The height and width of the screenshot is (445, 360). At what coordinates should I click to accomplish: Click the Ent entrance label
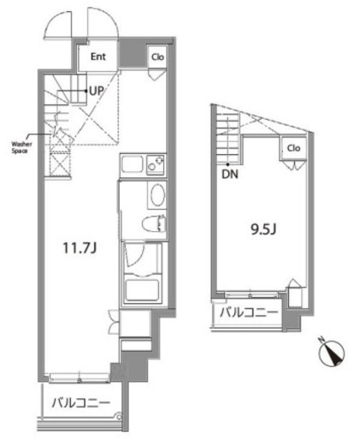(98, 56)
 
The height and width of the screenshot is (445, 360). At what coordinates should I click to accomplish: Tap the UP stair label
(96, 91)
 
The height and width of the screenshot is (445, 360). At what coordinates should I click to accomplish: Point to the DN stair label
(230, 174)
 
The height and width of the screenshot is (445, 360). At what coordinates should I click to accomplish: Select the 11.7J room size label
(80, 248)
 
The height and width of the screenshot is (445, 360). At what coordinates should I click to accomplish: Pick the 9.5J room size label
(263, 229)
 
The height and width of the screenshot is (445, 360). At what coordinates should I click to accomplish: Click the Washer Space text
(21, 147)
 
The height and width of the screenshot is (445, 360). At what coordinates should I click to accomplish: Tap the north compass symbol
(331, 353)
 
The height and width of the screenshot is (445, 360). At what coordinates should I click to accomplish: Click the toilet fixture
(154, 223)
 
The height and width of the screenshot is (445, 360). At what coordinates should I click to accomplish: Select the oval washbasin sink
(157, 195)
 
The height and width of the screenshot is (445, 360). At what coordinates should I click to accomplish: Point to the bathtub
(142, 289)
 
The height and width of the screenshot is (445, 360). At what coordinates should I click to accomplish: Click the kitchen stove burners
(156, 164)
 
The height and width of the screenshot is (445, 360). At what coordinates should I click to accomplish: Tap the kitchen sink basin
(132, 164)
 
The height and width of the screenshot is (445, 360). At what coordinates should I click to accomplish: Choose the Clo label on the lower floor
(157, 57)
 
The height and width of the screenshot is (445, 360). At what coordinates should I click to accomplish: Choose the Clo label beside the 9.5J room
(293, 148)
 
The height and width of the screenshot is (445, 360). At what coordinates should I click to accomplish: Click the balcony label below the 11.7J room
(81, 403)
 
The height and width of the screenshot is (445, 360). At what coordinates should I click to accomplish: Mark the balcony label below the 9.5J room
(249, 312)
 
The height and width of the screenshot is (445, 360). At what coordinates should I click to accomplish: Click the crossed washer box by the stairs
(60, 165)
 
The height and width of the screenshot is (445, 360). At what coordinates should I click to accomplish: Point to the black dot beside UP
(86, 91)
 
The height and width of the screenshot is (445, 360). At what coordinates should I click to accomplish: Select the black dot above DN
(227, 164)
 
